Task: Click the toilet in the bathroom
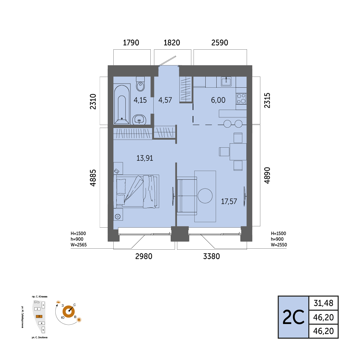[x=140, y=84]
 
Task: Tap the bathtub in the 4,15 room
[x=122, y=104]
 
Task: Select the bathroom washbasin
[x=139, y=119]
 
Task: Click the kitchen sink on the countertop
[x=226, y=81]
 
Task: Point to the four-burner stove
[x=241, y=99]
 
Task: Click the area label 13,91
[x=145, y=158]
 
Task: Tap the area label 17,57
[x=229, y=201]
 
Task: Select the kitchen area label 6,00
[x=218, y=100]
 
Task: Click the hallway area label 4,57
[x=165, y=100]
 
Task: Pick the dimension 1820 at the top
[x=172, y=42]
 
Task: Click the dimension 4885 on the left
[x=93, y=178]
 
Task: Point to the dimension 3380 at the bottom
[x=211, y=256]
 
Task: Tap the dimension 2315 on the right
[x=267, y=100]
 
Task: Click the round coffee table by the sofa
[x=205, y=196]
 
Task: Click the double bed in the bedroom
[x=136, y=191]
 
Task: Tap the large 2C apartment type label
[x=293, y=317]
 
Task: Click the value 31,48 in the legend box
[x=323, y=303]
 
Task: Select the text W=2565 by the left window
[x=79, y=245]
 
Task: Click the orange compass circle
[x=69, y=312]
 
